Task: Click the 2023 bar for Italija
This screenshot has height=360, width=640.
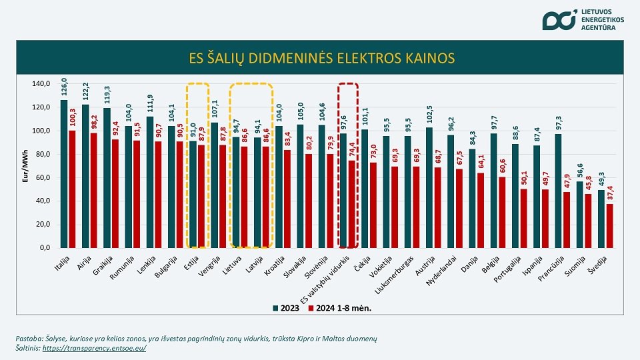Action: (64, 173)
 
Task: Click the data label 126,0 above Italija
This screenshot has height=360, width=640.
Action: (64, 89)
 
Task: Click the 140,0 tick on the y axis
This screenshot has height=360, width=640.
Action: (41, 84)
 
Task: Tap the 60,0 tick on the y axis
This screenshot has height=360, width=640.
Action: (41, 177)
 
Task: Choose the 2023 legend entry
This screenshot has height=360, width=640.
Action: (285, 308)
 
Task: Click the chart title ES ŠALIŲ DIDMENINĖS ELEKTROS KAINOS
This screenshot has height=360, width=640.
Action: (320, 58)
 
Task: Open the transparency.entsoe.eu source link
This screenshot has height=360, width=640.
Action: (94, 348)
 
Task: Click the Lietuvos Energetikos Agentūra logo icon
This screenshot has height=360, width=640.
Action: (558, 20)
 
